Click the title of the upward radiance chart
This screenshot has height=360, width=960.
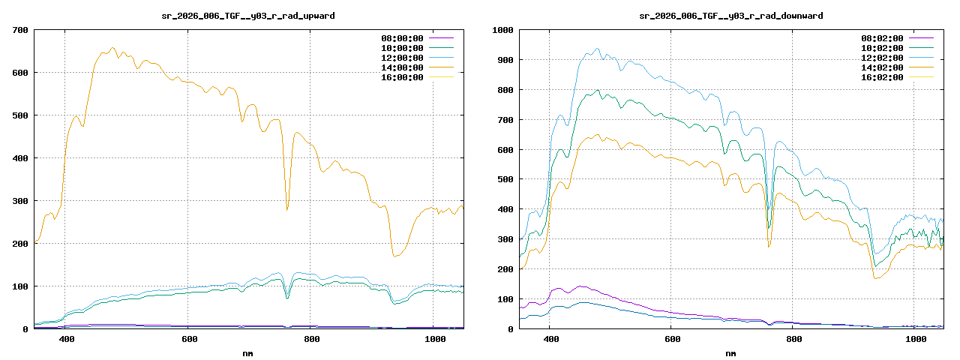248,15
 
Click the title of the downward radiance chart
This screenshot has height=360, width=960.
731,15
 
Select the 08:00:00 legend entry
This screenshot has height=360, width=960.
402,38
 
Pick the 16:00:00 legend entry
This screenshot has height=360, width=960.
402,77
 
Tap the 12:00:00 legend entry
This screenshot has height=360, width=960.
402,58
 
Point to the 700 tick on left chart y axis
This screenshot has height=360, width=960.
20,30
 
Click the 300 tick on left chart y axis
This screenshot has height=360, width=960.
20,201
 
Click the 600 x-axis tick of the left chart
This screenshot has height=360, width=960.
189,340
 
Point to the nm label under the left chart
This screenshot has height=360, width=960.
248,352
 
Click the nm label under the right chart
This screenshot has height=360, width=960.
731,352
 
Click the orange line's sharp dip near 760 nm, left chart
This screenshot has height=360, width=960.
287,210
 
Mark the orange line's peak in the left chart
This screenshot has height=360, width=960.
112,48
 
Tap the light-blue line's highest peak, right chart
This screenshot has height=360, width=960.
598,49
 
